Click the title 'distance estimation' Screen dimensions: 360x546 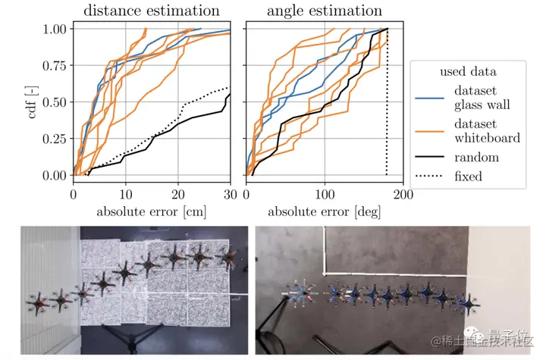[x=151, y=11]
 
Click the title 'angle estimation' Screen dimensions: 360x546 [x=324, y=11]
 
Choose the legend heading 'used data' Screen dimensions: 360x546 [x=468, y=72]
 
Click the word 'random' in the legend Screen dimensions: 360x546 [x=476, y=157]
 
